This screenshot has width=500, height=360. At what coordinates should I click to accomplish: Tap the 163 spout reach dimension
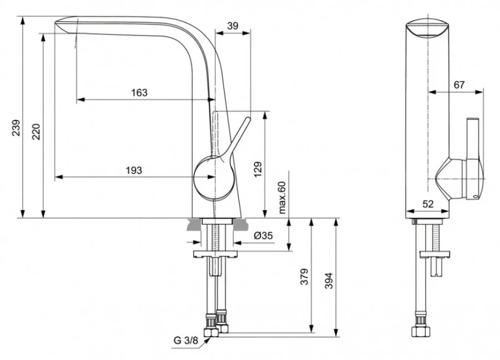[x=139, y=92]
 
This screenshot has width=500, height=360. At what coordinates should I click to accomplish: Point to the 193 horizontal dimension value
[x=134, y=170]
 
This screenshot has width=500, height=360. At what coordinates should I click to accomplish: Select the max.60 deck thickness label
[x=282, y=198]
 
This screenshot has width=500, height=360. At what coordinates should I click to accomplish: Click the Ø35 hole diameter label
[x=263, y=236]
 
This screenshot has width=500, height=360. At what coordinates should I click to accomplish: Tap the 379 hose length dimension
[x=304, y=275]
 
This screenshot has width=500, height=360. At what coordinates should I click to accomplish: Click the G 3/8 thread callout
[x=186, y=341]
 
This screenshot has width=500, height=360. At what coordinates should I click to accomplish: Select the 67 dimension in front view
[x=459, y=85]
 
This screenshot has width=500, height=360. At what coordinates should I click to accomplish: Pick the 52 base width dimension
[x=427, y=204]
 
